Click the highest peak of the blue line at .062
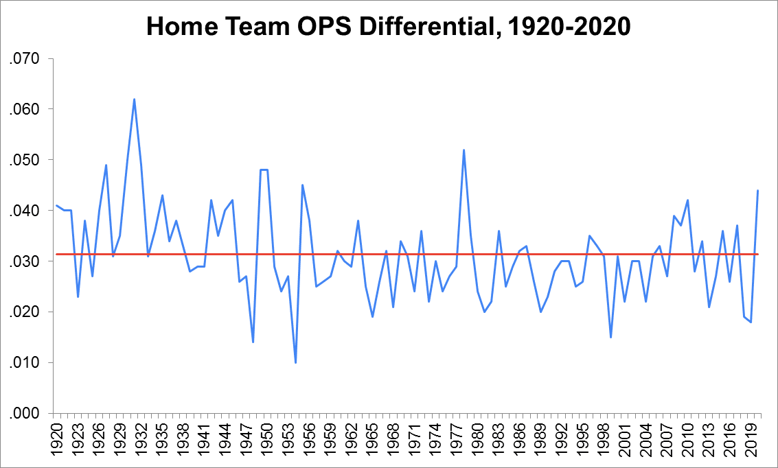[134, 99]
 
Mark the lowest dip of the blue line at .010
[295, 362]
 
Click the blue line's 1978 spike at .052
[464, 150]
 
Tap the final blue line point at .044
[757, 190]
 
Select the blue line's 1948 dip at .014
[253, 342]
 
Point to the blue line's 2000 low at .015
[610, 337]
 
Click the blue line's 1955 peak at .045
[302, 185]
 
